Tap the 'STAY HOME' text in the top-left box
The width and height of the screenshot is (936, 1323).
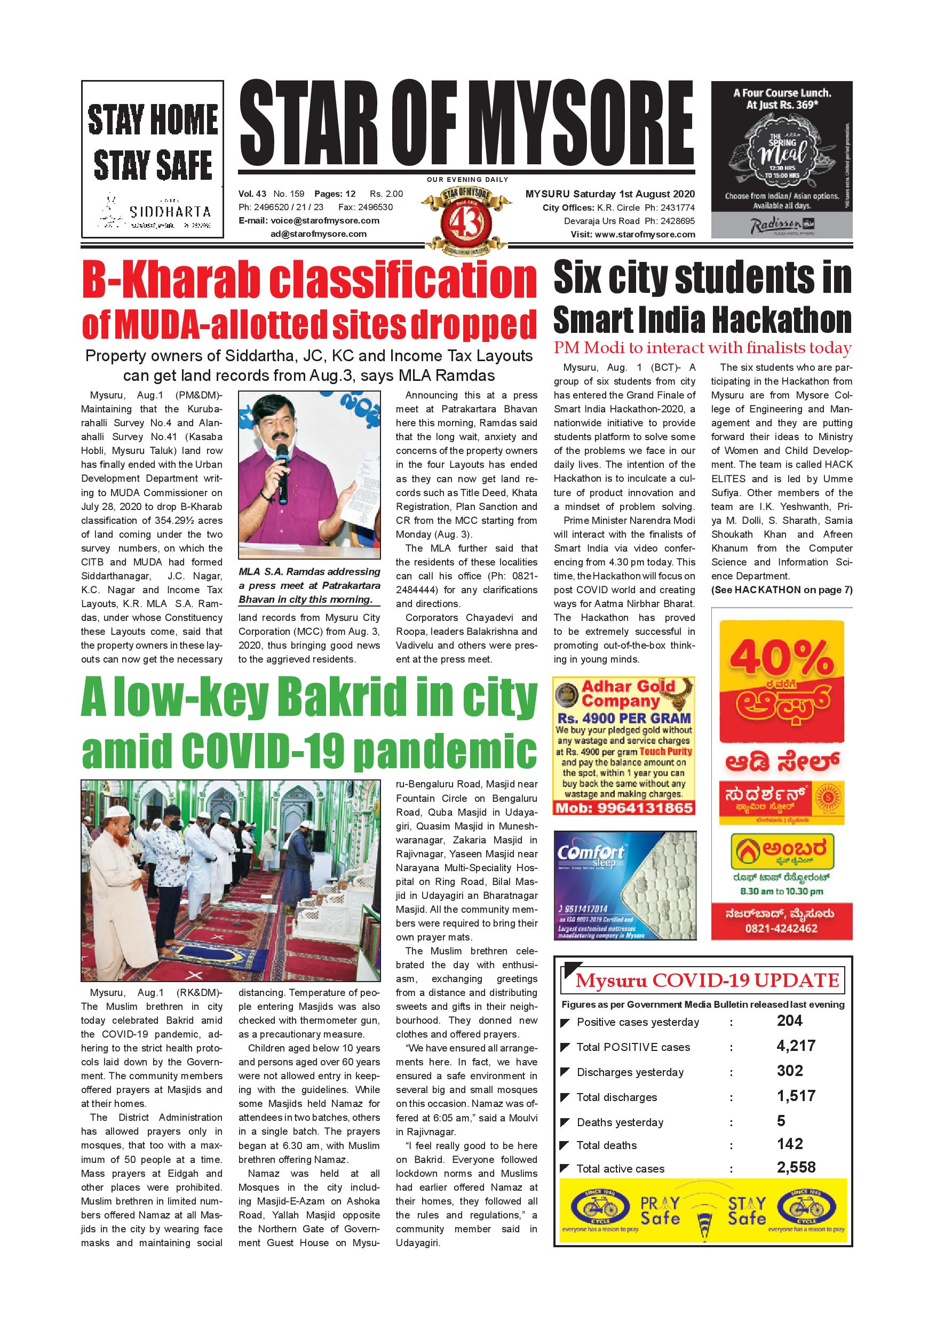coord(153,119)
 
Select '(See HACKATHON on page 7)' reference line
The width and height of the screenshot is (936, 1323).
coord(781,589)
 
